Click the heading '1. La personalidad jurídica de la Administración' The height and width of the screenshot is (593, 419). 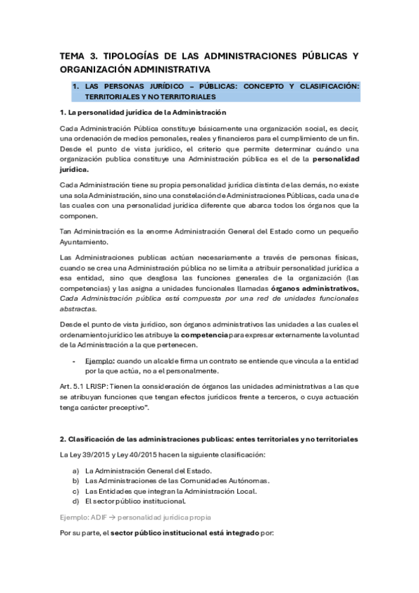(143, 112)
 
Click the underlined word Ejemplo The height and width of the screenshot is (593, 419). (99, 360)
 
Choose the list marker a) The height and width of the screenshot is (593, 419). (75, 471)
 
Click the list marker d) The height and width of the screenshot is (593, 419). (75, 501)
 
